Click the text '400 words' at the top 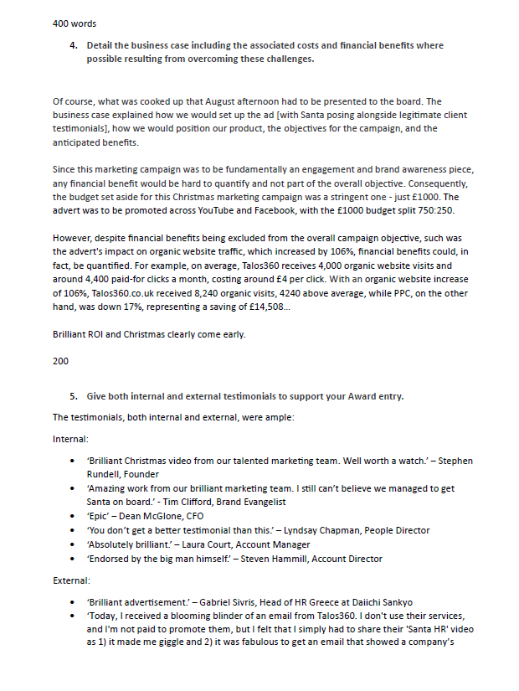click(x=72, y=23)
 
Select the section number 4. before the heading click(x=74, y=45)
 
